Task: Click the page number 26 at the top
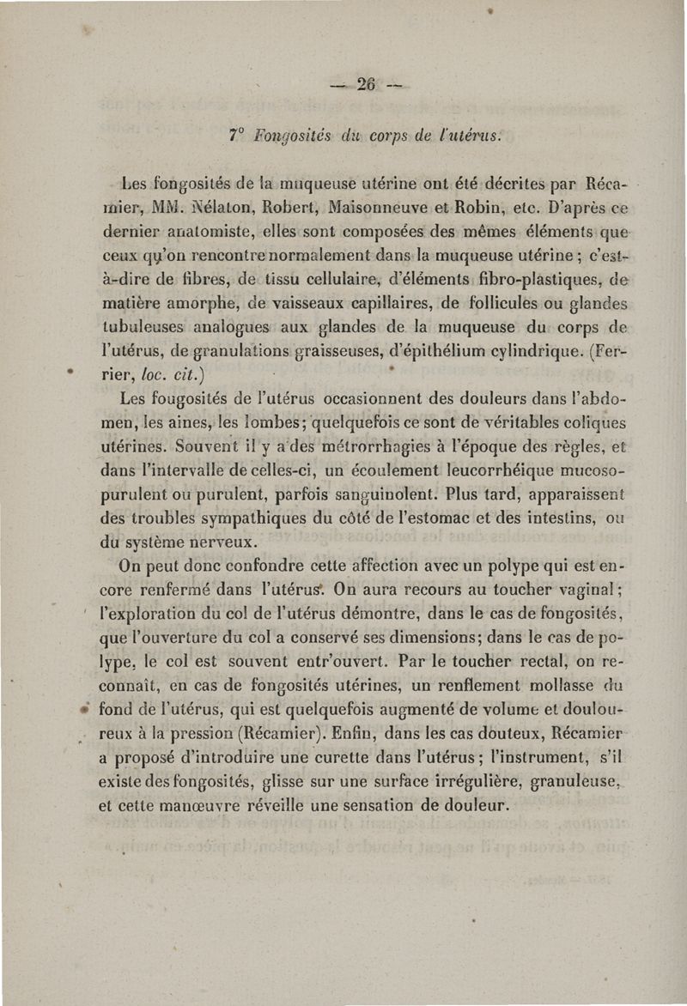(x=368, y=84)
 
